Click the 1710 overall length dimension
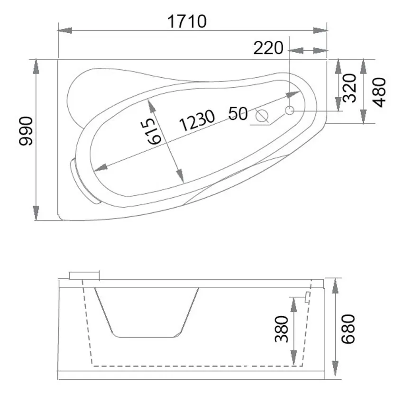coord(187,21)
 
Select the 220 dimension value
coord(268,48)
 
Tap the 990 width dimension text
coord(26,131)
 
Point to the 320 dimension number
coord(350,88)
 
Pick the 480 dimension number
coord(379,92)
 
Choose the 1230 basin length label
coord(197,120)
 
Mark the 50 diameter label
coord(238,113)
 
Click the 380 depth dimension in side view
coord(282,329)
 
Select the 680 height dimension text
coord(348,329)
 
